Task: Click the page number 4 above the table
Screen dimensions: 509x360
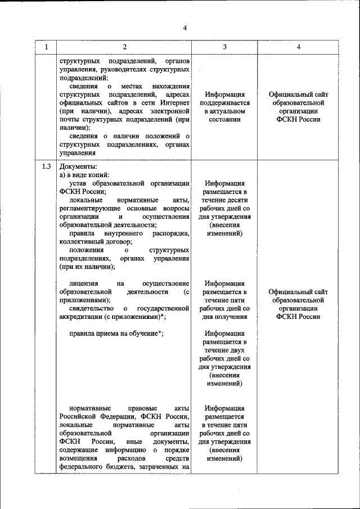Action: coord(184,28)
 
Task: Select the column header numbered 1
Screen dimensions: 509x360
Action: coord(46,47)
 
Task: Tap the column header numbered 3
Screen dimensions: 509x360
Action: coord(224,47)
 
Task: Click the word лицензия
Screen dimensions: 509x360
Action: coord(84,283)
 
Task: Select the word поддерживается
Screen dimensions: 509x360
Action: coord(224,103)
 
